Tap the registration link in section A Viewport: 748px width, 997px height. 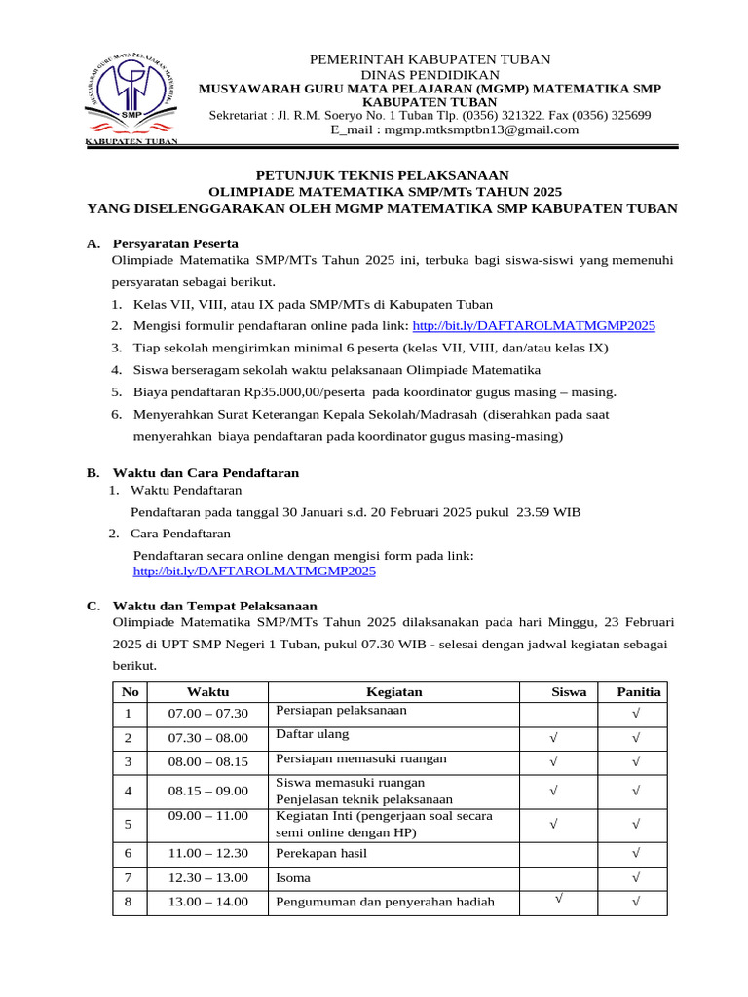(534, 325)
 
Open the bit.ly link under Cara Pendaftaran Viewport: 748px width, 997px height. (254, 572)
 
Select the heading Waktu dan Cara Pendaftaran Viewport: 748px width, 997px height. (206, 472)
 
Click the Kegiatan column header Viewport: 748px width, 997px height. (393, 692)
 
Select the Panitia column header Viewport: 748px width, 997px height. (638, 692)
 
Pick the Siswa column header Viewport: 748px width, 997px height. (569, 692)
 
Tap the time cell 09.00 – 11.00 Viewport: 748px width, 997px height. (208, 816)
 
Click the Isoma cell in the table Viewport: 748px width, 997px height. (294, 877)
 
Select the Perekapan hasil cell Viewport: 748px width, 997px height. (323, 853)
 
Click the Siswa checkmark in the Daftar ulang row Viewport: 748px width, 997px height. (554, 738)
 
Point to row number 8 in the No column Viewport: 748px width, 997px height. (128, 902)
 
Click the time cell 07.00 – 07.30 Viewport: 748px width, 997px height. (208, 714)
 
